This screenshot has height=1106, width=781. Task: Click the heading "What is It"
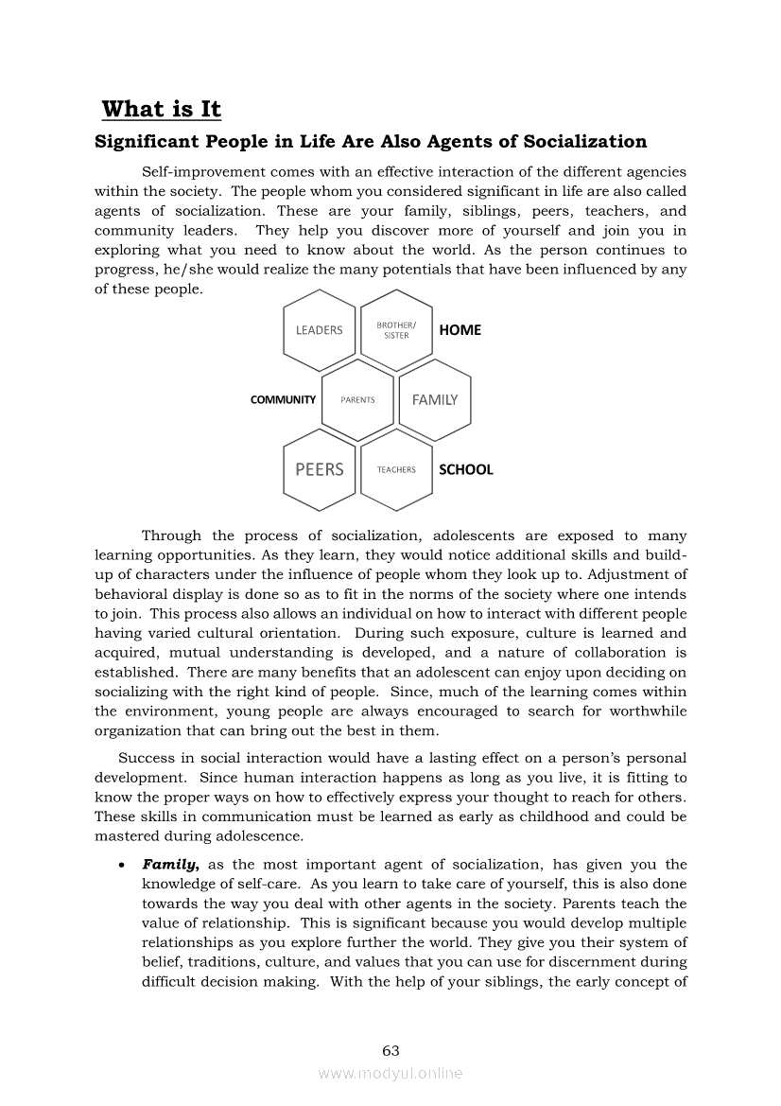point(161,110)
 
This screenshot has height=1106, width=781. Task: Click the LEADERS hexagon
point(320,330)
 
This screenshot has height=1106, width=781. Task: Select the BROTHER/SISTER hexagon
point(396,330)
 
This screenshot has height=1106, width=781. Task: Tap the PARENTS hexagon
point(357,400)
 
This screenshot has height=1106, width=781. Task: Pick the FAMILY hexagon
point(435,400)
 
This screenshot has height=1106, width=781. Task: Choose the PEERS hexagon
point(320,469)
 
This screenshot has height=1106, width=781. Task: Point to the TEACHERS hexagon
point(396,469)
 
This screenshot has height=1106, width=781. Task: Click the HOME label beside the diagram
point(460,330)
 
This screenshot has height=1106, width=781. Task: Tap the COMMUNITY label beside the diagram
point(283,400)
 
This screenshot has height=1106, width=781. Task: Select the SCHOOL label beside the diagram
point(466,469)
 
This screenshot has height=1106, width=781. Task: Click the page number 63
point(390,1051)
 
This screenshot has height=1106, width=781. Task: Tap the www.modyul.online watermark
point(390,1074)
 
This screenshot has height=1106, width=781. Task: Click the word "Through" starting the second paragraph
point(170,535)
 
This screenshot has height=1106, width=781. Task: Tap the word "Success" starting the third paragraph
point(144,759)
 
